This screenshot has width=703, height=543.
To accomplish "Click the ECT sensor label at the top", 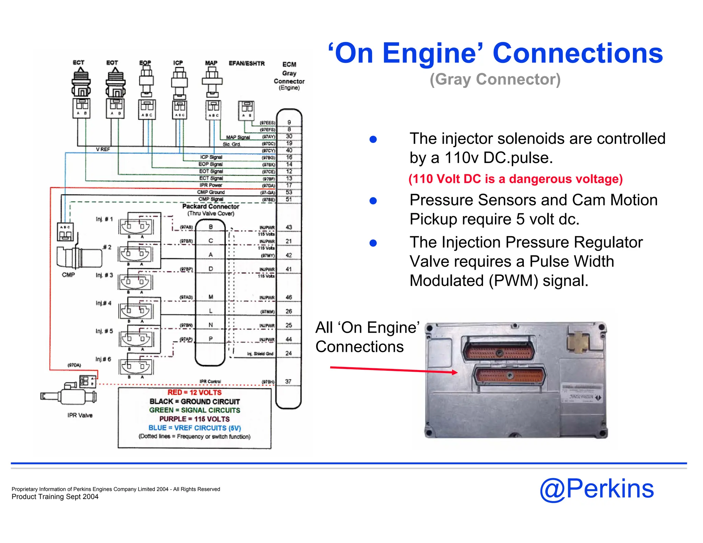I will [78, 62].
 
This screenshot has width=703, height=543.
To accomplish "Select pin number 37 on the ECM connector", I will [288, 381].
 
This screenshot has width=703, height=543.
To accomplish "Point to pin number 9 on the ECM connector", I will [289, 123].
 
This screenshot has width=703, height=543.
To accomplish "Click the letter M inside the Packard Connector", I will [211, 297].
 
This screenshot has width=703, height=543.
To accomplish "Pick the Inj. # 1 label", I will [104, 219].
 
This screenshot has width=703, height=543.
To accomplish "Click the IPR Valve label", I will [80, 415].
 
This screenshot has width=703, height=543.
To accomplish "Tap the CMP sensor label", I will [68, 275].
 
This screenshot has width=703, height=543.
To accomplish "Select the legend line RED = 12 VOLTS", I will [194, 392].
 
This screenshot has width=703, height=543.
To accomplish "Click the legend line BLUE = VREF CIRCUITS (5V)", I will [195, 428].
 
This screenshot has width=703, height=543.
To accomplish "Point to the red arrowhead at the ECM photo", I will [454, 372].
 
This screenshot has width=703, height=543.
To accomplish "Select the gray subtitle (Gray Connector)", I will [495, 79].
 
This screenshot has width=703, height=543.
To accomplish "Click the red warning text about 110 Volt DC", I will [515, 179].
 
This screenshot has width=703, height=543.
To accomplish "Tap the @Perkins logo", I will [597, 489].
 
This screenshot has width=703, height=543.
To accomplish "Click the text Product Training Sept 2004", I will [55, 497].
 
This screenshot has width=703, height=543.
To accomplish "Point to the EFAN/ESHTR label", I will [246, 63].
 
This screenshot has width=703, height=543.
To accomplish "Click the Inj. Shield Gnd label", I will [260, 354].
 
